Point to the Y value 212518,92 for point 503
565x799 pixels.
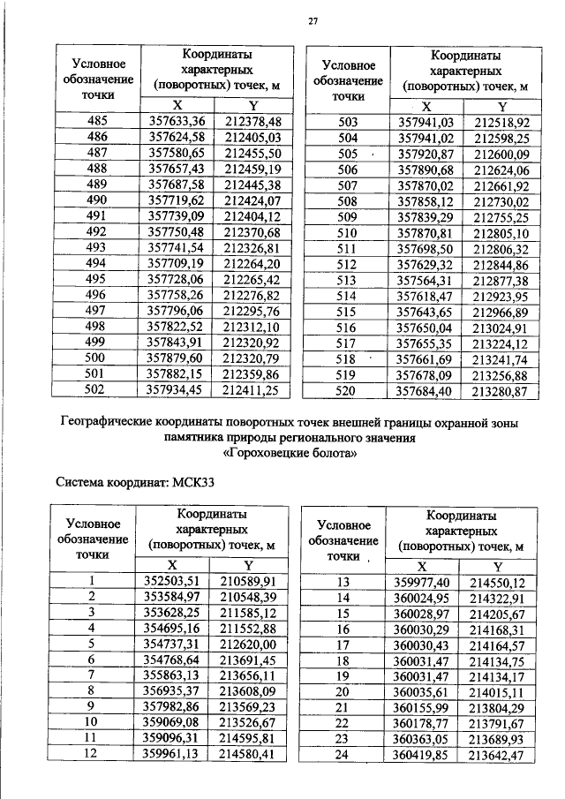pyautogui.click(x=501, y=121)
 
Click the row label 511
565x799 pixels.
pyautogui.click(x=348, y=248)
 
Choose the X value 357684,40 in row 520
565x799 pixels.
pyautogui.click(x=426, y=390)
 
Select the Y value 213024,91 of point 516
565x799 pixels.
pyautogui.click(x=501, y=327)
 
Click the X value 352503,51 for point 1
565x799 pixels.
pyautogui.click(x=174, y=580)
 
